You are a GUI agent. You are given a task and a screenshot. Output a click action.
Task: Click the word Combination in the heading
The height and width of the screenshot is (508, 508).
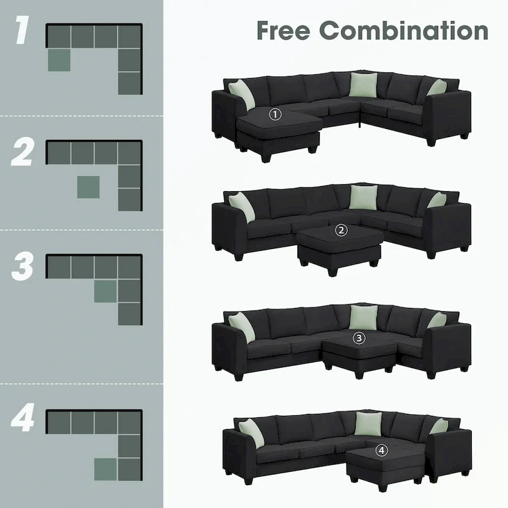tap(403, 30)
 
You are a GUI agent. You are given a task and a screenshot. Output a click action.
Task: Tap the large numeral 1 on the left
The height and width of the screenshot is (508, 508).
tap(22, 33)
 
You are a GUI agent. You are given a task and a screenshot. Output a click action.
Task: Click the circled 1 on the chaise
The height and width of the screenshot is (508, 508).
tap(275, 114)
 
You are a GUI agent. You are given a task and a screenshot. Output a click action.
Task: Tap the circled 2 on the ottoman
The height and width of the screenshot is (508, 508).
tap(342, 231)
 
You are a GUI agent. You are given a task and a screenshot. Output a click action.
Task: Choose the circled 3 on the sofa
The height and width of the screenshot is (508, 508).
tap(359, 338)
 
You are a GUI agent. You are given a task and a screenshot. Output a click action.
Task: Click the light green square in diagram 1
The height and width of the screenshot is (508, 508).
tap(58, 60)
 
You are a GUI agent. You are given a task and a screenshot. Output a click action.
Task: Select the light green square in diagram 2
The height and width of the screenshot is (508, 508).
tap(88, 187)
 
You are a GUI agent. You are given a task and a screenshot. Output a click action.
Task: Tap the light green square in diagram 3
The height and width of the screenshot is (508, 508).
tap(105, 291)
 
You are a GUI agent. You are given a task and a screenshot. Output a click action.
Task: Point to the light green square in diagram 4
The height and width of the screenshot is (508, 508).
tap(105, 469)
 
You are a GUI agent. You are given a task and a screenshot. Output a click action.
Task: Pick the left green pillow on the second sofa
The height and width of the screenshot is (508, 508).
tap(242, 206)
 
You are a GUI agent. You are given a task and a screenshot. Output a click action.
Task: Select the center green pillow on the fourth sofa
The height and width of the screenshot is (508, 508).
tap(366, 424)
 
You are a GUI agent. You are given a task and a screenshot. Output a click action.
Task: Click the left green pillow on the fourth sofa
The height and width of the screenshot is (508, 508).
tap(251, 431)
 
